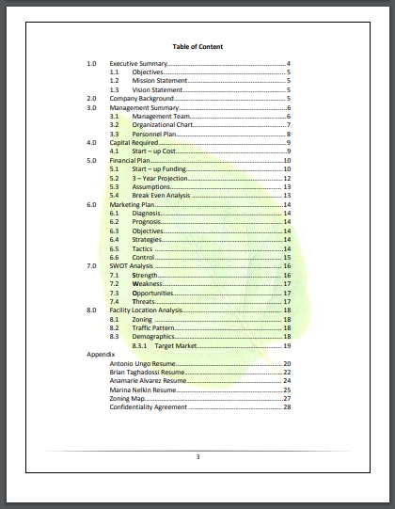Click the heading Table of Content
click(x=197, y=46)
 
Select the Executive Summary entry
click(x=138, y=63)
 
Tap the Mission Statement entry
click(x=159, y=81)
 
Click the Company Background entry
click(x=142, y=99)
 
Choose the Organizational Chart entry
click(x=163, y=125)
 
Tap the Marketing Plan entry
click(x=133, y=204)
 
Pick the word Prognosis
click(x=148, y=222)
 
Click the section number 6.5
click(x=114, y=248)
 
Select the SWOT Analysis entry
click(x=131, y=266)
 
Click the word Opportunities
click(x=155, y=293)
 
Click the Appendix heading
click(x=100, y=355)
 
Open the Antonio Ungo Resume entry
click(x=145, y=363)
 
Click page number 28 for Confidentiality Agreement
click(x=287, y=407)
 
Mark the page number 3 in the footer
click(x=197, y=457)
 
